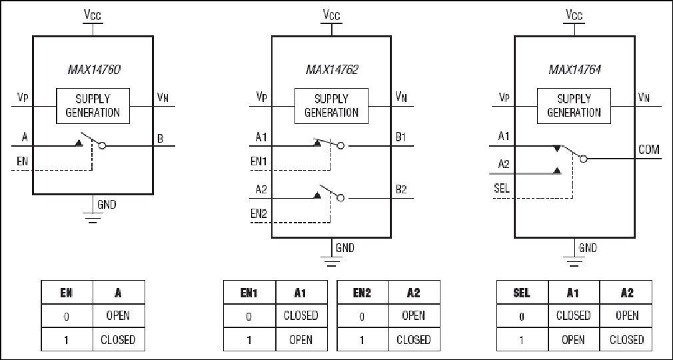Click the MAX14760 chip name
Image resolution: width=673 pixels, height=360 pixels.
94,69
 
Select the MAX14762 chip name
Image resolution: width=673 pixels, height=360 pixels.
332,69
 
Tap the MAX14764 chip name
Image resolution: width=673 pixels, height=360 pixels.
574,69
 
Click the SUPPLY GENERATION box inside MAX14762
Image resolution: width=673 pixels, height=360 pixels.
331,106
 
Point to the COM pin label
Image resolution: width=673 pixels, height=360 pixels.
649,149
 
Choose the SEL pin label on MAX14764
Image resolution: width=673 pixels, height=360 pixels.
502,188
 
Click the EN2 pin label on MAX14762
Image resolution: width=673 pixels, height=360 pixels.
259,213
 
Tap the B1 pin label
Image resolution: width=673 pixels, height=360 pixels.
401,137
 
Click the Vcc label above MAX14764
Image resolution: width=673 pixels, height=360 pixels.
574,15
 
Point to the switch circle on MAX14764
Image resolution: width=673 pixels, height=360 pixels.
583,159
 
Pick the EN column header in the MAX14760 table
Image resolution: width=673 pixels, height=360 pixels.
67,293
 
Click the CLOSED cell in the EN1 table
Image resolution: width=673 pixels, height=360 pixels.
301,316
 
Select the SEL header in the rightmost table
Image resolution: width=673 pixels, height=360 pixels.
522,293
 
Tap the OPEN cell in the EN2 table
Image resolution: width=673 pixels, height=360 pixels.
414,316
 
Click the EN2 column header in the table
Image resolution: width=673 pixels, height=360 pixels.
362,293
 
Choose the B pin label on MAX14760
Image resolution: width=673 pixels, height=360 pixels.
160,139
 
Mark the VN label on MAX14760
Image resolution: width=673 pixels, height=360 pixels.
163,97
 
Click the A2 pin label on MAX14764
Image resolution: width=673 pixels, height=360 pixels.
504,164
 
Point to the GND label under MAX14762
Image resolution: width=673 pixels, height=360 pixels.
345,248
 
